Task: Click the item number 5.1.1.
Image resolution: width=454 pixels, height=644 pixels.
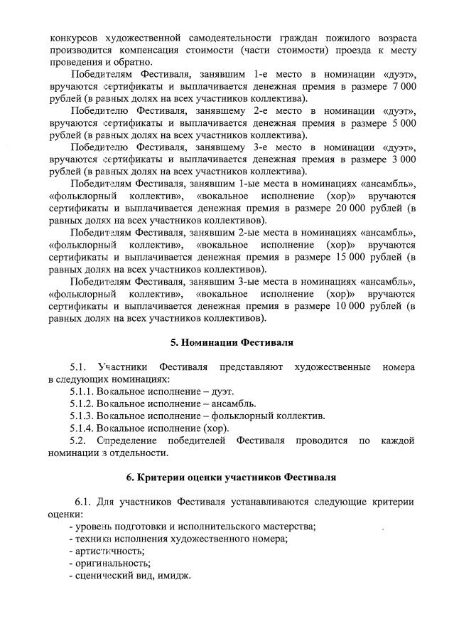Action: coord(82,391)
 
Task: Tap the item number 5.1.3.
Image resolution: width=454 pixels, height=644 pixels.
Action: coord(82,416)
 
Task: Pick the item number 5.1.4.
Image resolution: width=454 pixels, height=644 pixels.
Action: coord(82,428)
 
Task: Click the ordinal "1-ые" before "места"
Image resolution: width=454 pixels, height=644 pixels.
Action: coord(247,184)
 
